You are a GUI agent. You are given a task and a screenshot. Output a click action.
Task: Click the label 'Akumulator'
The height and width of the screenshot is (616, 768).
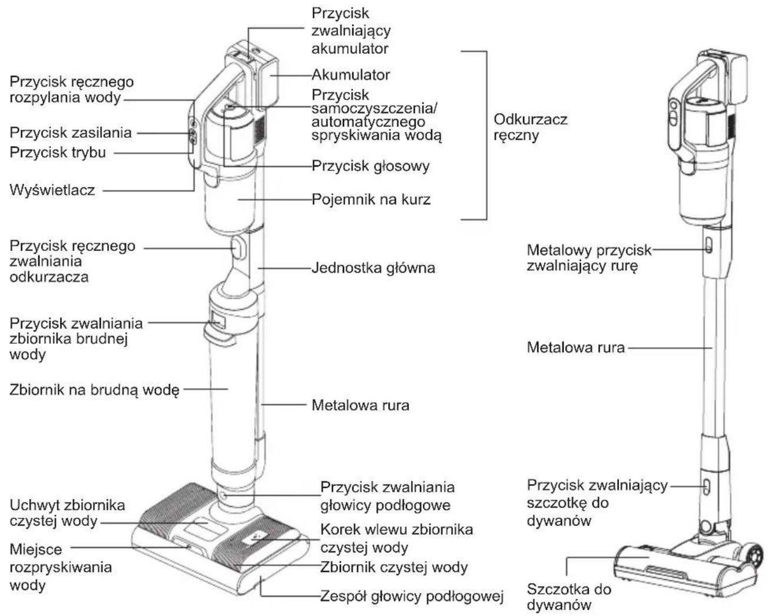tap(350, 75)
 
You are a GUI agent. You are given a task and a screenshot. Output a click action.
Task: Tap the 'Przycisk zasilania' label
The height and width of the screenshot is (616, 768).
tap(71, 133)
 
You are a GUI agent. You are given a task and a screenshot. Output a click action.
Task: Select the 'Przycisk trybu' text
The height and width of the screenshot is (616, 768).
tap(58, 153)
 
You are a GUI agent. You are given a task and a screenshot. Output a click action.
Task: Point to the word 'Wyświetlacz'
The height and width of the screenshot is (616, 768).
tap(52, 190)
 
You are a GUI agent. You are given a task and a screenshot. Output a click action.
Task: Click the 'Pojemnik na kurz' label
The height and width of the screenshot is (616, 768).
tap(371, 200)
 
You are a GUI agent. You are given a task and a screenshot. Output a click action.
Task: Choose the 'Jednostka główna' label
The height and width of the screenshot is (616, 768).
tap(373, 268)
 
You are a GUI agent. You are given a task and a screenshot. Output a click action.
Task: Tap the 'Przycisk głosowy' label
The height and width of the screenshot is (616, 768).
tap(370, 166)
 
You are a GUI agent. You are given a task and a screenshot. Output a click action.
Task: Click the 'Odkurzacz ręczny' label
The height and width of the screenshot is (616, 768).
tap(530, 127)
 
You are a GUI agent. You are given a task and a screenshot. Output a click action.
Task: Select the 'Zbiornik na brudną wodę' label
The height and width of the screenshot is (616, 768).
tap(94, 390)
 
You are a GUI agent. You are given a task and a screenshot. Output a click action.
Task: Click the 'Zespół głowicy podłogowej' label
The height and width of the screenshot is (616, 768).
tap(412, 595)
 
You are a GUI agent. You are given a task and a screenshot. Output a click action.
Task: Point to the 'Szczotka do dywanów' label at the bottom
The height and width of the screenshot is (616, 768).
tap(569, 597)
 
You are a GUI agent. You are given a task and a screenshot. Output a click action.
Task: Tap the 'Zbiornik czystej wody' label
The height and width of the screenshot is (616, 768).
tap(394, 567)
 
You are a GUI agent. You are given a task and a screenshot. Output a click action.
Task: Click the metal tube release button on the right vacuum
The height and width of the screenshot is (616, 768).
tap(709, 246)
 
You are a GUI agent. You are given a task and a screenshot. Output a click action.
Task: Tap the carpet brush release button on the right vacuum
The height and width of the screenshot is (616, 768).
tap(707, 487)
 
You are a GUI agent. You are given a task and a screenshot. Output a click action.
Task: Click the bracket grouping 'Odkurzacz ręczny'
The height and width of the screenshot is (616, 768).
tap(486, 135)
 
